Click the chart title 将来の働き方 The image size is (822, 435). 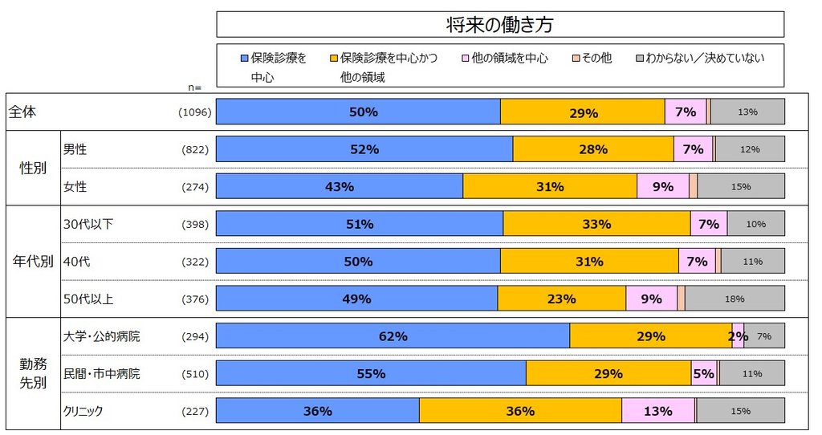499,25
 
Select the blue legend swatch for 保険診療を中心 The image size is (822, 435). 245,59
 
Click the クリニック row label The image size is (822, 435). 83,411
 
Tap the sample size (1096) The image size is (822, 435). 195,113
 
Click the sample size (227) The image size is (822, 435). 195,412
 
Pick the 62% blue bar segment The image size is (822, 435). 393,336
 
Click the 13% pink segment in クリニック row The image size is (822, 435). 658,411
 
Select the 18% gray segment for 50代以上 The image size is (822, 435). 735,299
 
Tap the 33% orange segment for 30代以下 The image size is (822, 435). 596,225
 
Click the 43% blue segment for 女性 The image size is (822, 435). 340,187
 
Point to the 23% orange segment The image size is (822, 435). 561,299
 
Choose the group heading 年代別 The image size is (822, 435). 32,262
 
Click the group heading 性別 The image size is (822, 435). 32,169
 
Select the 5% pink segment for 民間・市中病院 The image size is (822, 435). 704,373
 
